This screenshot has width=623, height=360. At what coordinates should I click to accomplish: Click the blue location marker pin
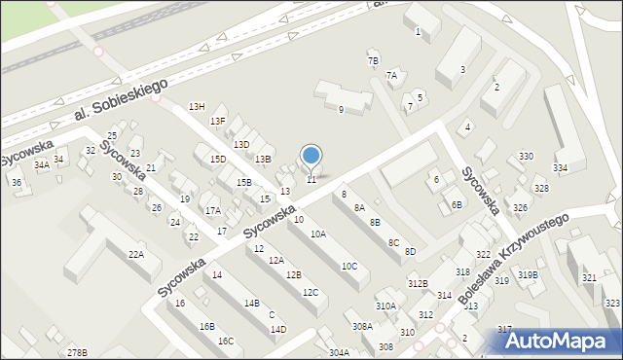(311, 157)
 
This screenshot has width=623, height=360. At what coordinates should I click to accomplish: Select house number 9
(340, 110)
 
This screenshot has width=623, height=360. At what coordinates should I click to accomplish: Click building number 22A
(135, 254)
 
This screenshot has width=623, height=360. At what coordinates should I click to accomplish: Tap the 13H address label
(197, 106)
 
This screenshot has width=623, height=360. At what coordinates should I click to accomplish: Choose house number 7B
(373, 61)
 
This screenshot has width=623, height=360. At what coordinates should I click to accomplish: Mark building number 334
(560, 168)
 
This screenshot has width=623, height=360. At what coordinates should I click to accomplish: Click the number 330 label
(526, 157)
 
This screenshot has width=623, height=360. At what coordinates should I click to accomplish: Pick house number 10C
(348, 266)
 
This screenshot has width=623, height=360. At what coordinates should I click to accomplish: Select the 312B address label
(418, 283)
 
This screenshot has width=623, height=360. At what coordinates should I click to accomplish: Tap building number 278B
(77, 351)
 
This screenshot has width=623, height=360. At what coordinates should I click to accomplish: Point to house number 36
(16, 182)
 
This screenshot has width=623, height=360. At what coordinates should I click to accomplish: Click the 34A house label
(41, 165)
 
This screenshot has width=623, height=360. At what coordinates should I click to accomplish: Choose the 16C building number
(225, 341)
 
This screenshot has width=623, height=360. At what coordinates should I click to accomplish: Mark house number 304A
(339, 352)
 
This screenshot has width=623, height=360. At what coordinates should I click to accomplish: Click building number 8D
(410, 252)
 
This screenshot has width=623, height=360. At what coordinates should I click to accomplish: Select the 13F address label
(219, 121)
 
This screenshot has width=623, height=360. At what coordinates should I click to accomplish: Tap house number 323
(612, 304)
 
